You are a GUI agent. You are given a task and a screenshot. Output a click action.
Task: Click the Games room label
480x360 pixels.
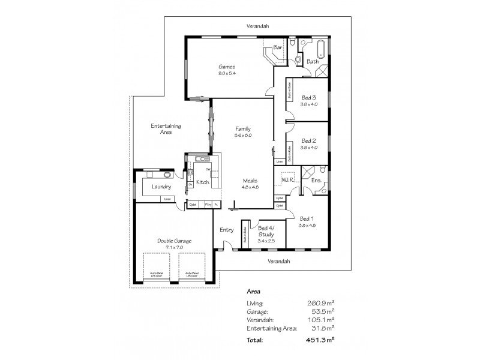click(x=226, y=67)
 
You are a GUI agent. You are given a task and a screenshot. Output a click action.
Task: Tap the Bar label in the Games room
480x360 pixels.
click(x=278, y=47)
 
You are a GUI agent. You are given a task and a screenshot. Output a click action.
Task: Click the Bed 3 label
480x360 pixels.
click(x=308, y=97)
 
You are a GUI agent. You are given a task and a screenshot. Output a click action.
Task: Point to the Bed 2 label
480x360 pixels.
click(x=308, y=140)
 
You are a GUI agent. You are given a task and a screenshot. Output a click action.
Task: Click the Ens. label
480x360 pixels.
click(x=316, y=180)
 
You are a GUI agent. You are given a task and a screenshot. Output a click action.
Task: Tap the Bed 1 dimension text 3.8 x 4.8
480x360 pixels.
click(x=307, y=225)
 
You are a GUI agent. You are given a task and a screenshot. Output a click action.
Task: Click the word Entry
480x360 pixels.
click(x=226, y=230)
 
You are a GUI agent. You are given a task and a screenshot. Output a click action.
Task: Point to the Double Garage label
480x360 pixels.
click(x=170, y=241)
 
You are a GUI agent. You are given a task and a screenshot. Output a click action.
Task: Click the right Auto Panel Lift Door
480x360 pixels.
click(x=192, y=268)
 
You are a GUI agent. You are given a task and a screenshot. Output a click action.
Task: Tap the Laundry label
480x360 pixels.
click(x=162, y=187)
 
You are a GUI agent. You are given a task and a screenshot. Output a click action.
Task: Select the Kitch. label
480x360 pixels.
click(x=203, y=182)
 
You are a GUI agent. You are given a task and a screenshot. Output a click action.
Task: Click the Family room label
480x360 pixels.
click(x=243, y=129)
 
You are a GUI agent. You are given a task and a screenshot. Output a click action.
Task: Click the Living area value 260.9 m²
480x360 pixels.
click(x=320, y=304)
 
